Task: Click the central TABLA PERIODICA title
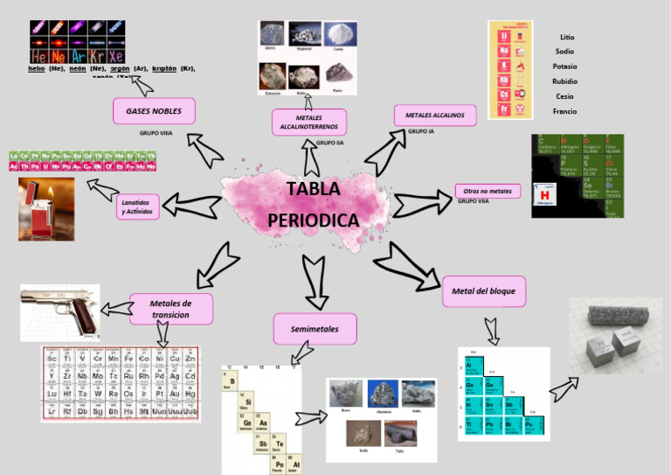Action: (313, 205)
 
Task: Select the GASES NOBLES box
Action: (154, 111)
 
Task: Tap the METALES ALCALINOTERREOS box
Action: (309, 122)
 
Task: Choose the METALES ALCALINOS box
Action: (435, 115)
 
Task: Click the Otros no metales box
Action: (488, 191)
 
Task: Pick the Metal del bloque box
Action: (483, 290)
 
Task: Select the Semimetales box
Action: (315, 329)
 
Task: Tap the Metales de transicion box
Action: (171, 309)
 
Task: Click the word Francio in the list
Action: (565, 111)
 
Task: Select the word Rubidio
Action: (565, 81)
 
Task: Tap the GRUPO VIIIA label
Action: (156, 133)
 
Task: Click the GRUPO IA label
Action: (421, 131)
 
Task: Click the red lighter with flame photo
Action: (46, 208)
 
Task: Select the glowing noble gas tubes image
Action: (77, 41)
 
